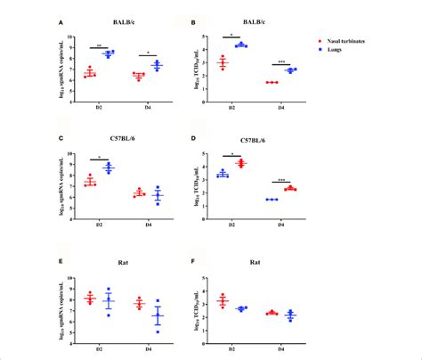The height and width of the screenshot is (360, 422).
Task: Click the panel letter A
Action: click(x=60, y=23)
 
